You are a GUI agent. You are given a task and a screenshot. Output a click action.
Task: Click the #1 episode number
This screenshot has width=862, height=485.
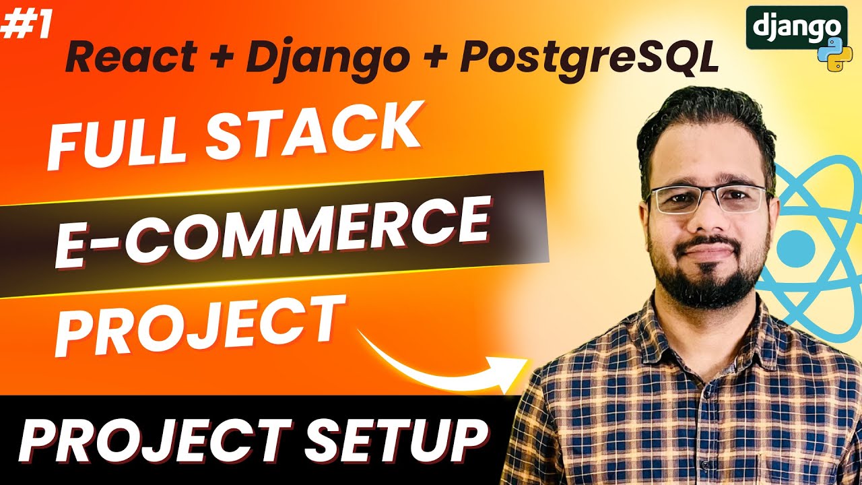pos(26,25)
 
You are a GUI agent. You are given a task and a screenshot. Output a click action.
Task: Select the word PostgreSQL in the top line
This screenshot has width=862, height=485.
pos(589,58)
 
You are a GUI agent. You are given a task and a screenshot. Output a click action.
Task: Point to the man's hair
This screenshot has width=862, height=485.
pos(704,118)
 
